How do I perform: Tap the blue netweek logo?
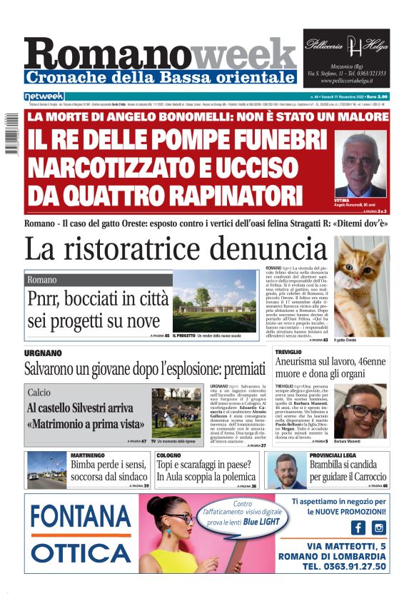click(x=44, y=96)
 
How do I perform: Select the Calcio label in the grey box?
click(x=39, y=393)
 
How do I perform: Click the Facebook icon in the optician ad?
click(x=357, y=527)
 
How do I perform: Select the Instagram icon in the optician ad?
click(x=378, y=527)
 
